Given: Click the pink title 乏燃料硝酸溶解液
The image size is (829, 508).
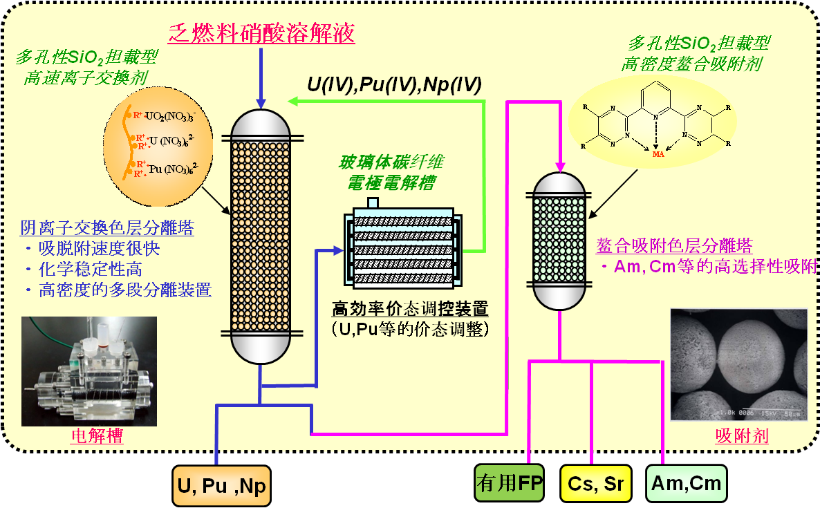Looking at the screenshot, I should tap(261, 32).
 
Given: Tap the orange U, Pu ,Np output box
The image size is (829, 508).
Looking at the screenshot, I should tap(221, 486).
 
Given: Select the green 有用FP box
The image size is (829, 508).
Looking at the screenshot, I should tap(510, 483).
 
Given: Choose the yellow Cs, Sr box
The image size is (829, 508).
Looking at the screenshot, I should tap(595, 483).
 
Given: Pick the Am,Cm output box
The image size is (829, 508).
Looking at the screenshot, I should tap(686, 483).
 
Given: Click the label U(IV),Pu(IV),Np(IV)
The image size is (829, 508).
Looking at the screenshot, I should tap(394, 85).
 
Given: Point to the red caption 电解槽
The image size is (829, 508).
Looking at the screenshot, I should tap(97, 436).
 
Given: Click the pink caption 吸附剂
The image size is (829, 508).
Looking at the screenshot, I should tap(742, 436).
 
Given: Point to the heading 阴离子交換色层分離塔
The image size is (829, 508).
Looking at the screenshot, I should tap(106, 228).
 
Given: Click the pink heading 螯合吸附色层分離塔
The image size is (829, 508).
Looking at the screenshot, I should tap(674, 246).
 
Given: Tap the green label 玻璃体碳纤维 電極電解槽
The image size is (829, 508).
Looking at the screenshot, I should tap(391, 173).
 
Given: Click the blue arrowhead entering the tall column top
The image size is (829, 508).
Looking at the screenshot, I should tap(261, 102).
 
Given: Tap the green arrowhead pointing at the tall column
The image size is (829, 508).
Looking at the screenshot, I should tap(293, 102).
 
